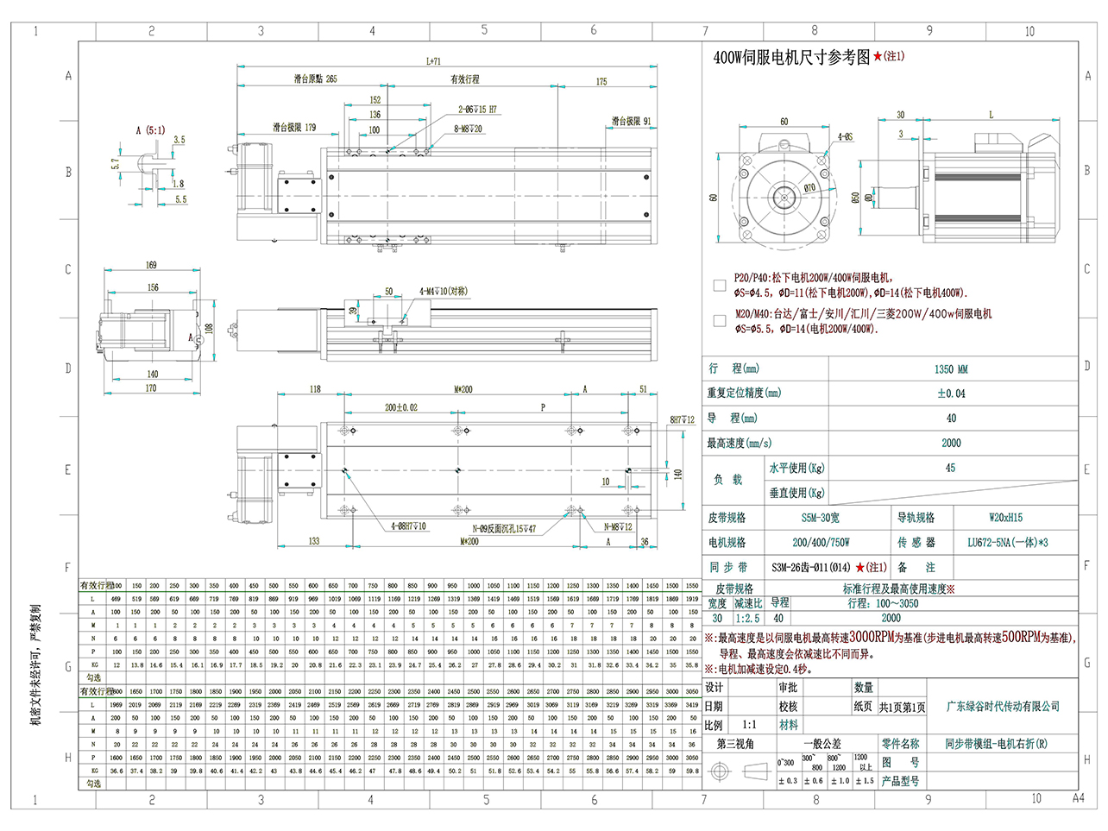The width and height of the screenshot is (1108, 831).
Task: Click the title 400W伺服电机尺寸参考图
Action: [x=791, y=58]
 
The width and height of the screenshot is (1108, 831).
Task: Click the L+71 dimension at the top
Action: [x=433, y=61]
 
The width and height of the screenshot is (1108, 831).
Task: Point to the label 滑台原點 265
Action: [x=315, y=79]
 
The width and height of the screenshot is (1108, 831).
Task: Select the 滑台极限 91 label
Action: [x=631, y=122]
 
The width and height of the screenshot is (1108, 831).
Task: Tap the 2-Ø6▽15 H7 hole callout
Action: [x=477, y=110]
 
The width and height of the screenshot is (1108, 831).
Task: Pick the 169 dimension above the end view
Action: [x=151, y=265]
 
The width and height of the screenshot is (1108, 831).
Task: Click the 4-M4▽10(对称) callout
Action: [x=444, y=292]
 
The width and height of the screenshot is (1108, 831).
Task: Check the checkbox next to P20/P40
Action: [x=720, y=285]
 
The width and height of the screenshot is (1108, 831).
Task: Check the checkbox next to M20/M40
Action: [x=720, y=320]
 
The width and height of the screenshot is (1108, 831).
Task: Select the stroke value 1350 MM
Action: [x=951, y=369]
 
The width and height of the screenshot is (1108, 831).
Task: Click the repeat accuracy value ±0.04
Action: [x=951, y=393]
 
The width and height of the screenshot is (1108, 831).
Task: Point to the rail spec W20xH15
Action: [x=1005, y=518]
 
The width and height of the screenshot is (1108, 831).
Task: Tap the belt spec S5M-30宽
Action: [x=820, y=518]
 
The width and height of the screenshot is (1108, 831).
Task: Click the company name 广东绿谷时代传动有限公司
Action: [x=1003, y=707]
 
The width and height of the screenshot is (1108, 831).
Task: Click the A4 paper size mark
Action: [x=1078, y=798]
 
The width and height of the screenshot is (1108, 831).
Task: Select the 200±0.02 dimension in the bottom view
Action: [x=400, y=407]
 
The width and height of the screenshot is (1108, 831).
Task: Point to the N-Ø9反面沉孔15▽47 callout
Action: [x=504, y=529]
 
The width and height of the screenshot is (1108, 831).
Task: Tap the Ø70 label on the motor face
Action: [x=809, y=187]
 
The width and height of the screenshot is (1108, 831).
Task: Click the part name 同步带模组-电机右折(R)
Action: [x=996, y=743]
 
